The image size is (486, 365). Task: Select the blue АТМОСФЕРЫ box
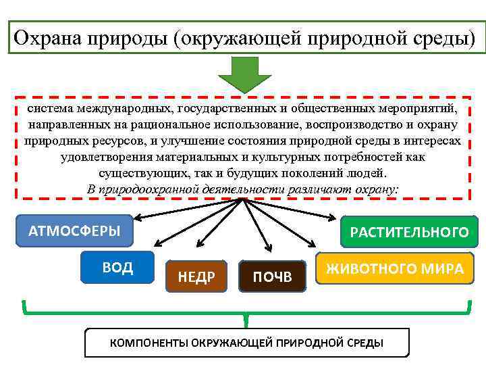click(74, 231)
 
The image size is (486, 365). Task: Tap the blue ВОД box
click(117, 267)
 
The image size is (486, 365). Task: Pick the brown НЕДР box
click(196, 276)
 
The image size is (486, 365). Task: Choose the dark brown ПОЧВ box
click(272, 276)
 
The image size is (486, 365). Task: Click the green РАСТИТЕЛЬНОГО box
click(409, 233)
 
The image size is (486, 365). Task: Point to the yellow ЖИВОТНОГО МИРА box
click(395, 268)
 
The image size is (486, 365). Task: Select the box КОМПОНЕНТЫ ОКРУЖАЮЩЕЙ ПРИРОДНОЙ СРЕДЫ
click(246, 343)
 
